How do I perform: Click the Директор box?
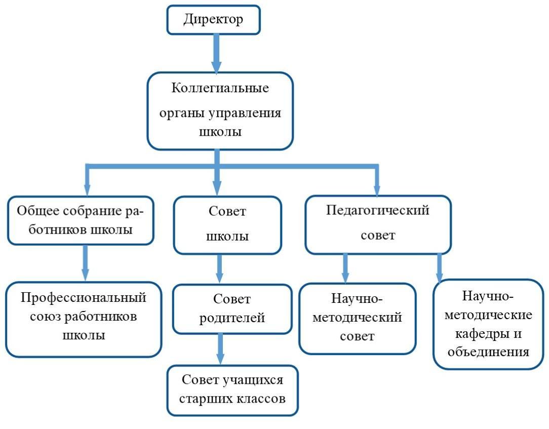[213, 20]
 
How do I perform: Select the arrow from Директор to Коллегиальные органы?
[216, 54]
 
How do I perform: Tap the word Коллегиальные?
[220, 88]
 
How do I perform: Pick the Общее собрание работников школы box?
[81, 220]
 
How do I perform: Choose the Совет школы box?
[227, 225]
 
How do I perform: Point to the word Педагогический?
[378, 211]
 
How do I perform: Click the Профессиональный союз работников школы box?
[84, 320]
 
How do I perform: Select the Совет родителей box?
[232, 308]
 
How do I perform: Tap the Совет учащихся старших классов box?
[232, 390]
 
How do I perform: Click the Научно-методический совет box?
[358, 319]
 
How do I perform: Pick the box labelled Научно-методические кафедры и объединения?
[488, 324]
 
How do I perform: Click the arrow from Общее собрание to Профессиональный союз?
[85, 263]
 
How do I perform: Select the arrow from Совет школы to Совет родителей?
[219, 268]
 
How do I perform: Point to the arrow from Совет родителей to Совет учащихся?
[220, 349]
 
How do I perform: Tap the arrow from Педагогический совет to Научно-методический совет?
[345, 268]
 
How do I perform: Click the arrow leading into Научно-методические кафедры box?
[440, 267]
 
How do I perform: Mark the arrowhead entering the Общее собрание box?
[87, 189]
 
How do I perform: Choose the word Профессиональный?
[84, 298]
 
